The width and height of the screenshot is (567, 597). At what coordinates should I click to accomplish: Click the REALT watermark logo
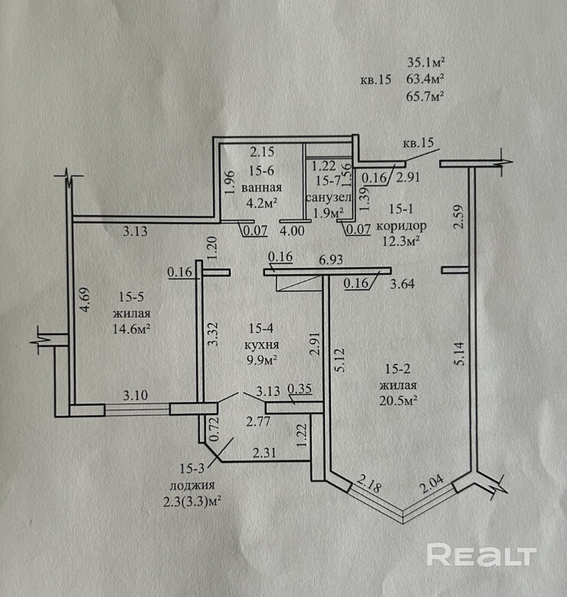[481, 554]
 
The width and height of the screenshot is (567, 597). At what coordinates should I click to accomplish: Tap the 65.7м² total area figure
[425, 96]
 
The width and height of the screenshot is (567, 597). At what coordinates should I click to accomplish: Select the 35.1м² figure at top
[426, 62]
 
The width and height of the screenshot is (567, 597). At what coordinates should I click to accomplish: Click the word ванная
[261, 188]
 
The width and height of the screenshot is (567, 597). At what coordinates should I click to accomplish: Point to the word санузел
[329, 197]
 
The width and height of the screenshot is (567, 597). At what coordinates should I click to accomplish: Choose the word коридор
[401, 226]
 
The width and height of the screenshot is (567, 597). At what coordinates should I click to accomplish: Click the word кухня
[261, 345]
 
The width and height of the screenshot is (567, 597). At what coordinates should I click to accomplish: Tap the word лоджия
[192, 485]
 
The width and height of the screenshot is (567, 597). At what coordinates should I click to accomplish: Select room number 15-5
[131, 297]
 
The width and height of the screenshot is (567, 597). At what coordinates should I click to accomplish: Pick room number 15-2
[398, 369]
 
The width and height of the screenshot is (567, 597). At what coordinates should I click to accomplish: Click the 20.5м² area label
[398, 400]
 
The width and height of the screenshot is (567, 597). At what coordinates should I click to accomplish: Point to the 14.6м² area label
[131, 328]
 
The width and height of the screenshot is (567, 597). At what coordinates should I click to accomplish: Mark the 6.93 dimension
[331, 259]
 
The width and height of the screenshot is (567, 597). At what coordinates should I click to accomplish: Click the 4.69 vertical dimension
[86, 299]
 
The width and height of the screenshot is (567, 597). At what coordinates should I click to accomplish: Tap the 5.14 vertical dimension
[460, 354]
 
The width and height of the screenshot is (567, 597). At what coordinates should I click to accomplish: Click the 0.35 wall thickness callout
[300, 389]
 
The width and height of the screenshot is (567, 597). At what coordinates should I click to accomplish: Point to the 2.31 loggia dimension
[264, 452]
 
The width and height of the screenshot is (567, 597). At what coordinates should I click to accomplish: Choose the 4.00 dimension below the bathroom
[292, 230]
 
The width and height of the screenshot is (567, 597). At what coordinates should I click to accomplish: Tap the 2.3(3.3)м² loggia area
[193, 502]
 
